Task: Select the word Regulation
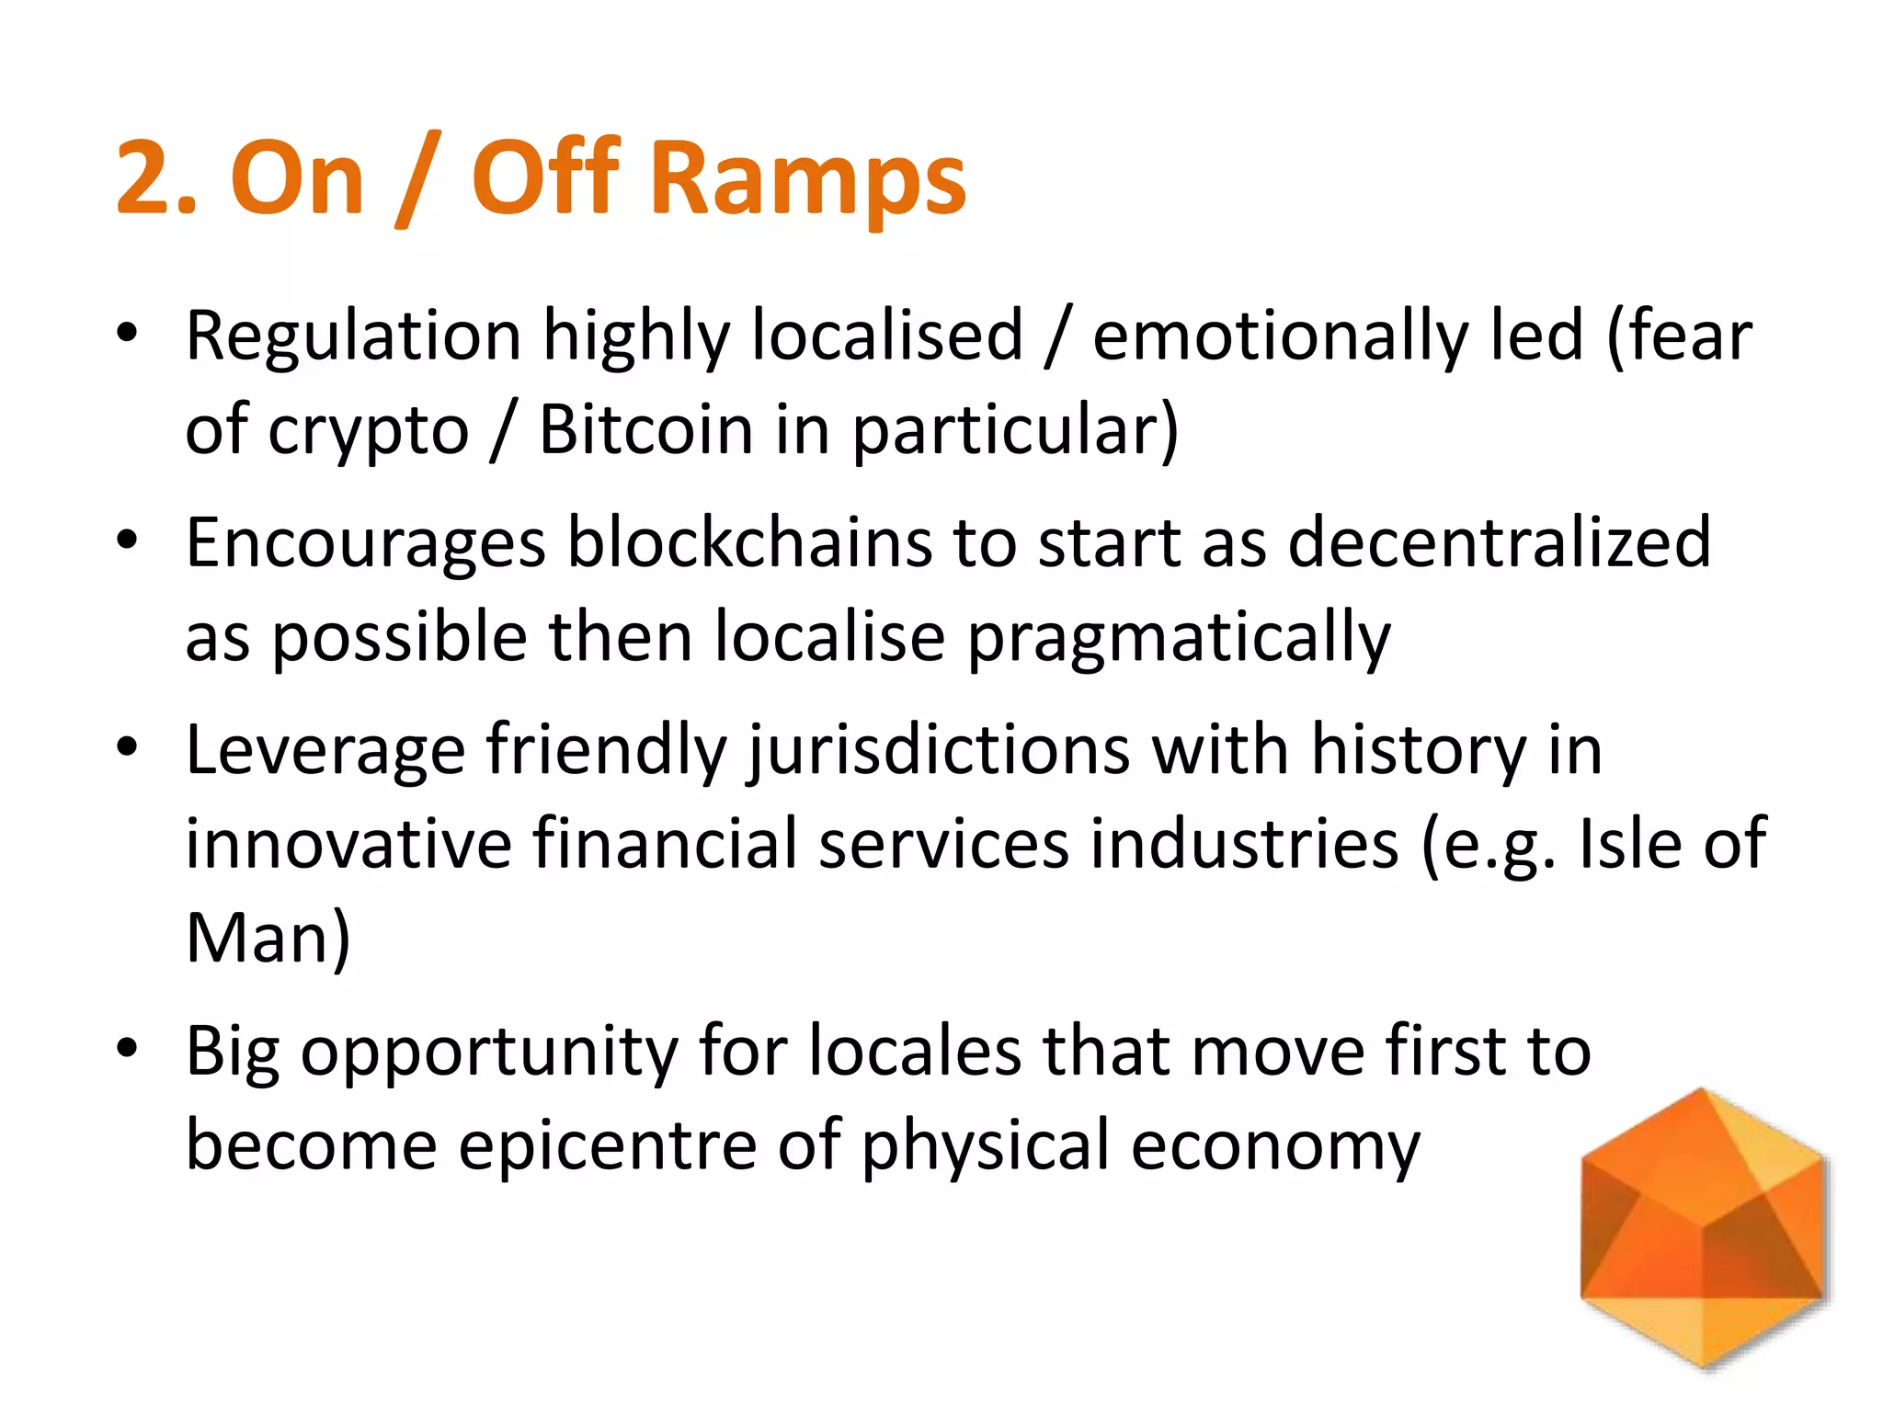[353, 336]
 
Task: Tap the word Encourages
[365, 543]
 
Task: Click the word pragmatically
[1179, 638]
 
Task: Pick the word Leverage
[325, 751]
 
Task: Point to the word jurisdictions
[939, 751]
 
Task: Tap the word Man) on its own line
[268, 939]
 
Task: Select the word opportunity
[488, 1052]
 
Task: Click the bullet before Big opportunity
[127, 1047]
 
